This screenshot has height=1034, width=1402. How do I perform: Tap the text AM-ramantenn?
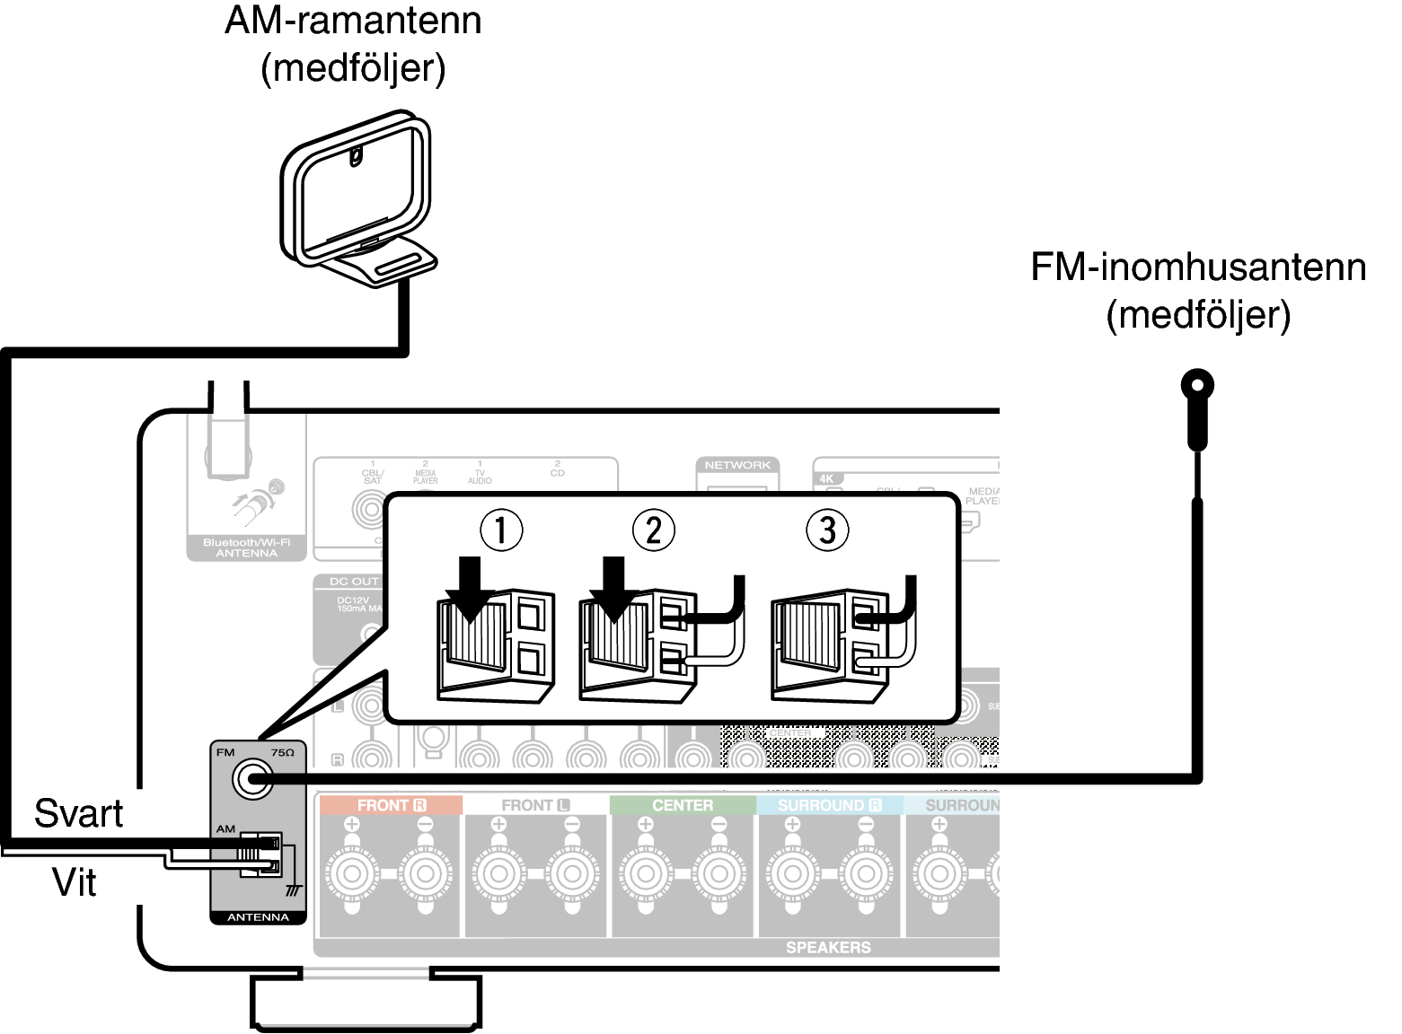pyautogui.click(x=353, y=21)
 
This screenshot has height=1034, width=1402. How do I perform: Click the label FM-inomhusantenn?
pyautogui.click(x=1198, y=267)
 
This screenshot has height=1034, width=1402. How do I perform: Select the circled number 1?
pyautogui.click(x=501, y=530)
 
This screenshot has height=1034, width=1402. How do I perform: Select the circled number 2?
pyautogui.click(x=653, y=530)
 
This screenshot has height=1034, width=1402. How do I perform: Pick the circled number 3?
pyautogui.click(x=827, y=530)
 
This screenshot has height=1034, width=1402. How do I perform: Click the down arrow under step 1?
pyautogui.click(x=469, y=589)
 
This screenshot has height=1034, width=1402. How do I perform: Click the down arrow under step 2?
pyautogui.click(x=614, y=589)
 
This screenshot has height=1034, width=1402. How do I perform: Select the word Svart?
pyautogui.click(x=78, y=813)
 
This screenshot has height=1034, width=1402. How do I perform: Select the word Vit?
pyautogui.click(x=75, y=882)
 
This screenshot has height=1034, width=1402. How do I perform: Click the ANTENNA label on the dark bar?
pyautogui.click(x=258, y=917)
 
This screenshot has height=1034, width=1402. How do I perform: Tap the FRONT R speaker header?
pyautogui.click(x=390, y=805)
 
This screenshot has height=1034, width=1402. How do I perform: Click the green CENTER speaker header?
pyautogui.click(x=683, y=805)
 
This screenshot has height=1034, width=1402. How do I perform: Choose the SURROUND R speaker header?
pyautogui.click(x=829, y=805)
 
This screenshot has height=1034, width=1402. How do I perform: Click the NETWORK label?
pyautogui.click(x=737, y=465)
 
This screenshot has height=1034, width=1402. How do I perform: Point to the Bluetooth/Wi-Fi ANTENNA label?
pyautogui.click(x=246, y=548)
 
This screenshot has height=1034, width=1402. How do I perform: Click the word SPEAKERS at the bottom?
pyautogui.click(x=827, y=947)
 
